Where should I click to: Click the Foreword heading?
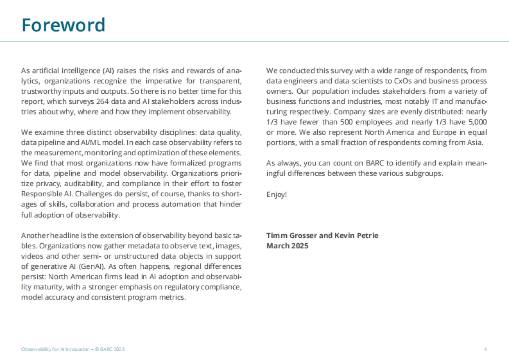coord(63,25)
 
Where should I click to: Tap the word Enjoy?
coord(277,195)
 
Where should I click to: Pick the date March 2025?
coord(287,246)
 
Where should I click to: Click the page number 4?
coord(485,349)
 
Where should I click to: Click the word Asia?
coord(475,142)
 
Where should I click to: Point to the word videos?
coord(32,256)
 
